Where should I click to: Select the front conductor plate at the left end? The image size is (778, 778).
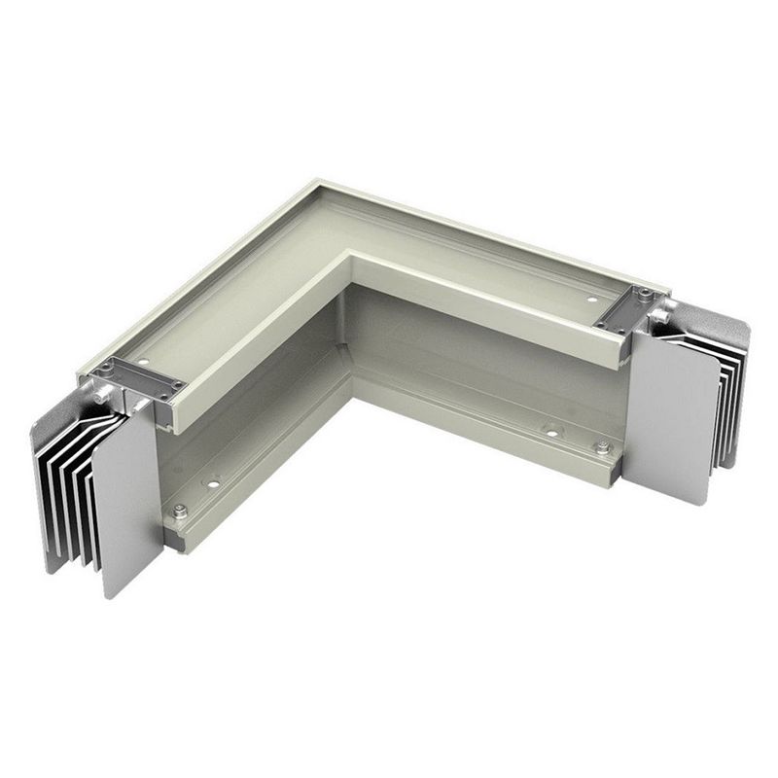tap(128, 496)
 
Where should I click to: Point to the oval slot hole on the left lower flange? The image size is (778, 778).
tap(211, 480)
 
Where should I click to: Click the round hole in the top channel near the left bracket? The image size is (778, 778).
tap(145, 362)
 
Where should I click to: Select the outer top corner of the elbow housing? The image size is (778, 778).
tap(317, 182)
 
